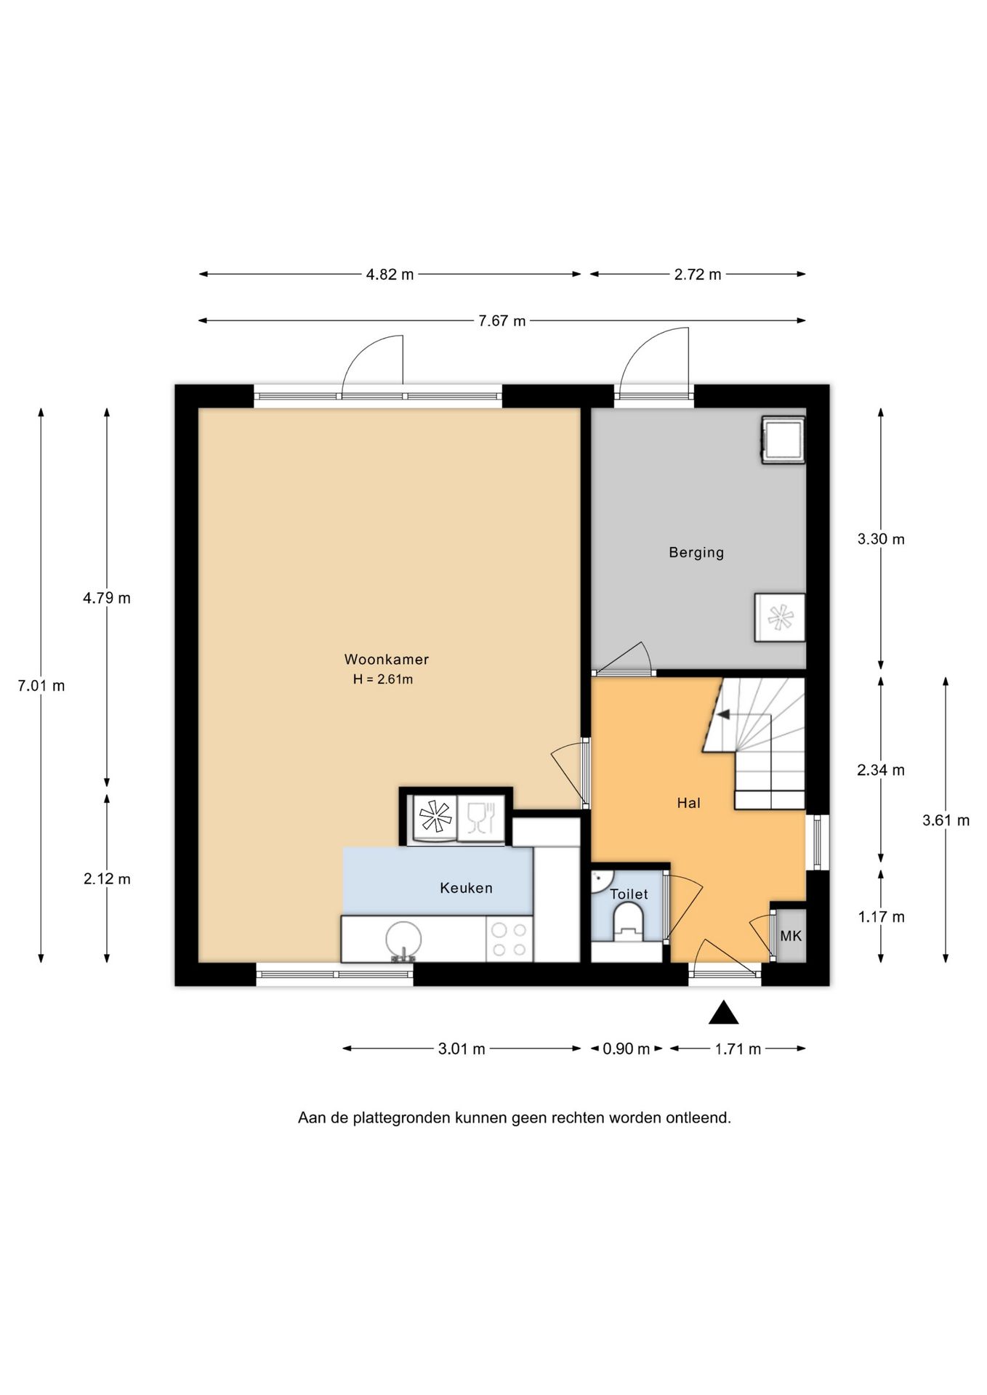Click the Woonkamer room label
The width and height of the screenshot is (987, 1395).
pos(386,660)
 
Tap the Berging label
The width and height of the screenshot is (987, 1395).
pos(696,552)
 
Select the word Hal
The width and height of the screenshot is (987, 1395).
pos(688,803)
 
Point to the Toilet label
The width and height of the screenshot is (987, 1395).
pos(629,894)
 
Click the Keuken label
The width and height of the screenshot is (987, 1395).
pos(466,888)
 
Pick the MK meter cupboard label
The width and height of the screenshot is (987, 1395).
pos(791,936)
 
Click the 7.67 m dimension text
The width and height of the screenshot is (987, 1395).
pos(501,321)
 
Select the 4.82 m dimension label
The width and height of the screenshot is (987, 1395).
pos(390,275)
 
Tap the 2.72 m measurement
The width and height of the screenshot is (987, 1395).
pos(698,275)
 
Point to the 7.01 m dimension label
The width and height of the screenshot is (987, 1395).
pos(41,685)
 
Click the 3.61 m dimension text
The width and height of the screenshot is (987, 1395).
pos(946,820)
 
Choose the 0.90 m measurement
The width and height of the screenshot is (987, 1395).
pos(626,1048)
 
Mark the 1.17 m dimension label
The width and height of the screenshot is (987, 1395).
pos(881,917)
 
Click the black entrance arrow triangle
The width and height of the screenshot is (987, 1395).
pos(724,1013)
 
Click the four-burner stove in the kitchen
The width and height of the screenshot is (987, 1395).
pos(509,939)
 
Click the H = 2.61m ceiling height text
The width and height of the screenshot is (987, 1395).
pos(383,679)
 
